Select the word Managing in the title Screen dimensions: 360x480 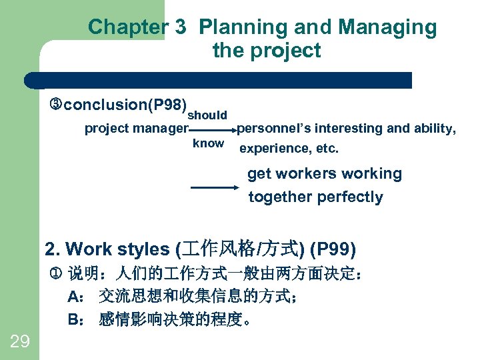[x=387, y=27]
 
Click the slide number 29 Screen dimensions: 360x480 [x=20, y=342]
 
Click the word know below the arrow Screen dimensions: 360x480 [x=208, y=143]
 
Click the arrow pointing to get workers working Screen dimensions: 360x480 [x=214, y=188]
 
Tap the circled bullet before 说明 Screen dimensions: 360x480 [x=56, y=273]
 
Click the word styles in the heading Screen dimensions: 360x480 [x=145, y=249]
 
